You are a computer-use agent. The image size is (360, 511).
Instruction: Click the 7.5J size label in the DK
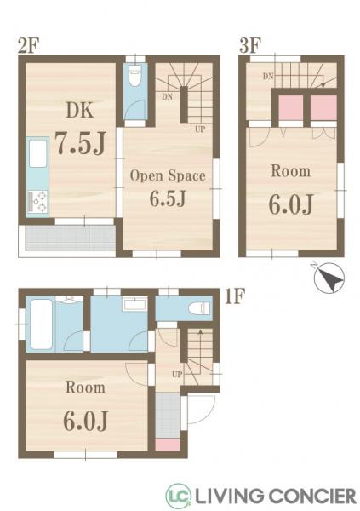pos(80,142)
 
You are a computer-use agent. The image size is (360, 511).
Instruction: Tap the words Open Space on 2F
pos(168,175)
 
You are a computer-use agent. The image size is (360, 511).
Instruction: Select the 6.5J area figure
pos(168,198)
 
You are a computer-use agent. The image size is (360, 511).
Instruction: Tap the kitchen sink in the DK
pos(37,153)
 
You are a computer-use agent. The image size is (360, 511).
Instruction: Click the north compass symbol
pos(329,278)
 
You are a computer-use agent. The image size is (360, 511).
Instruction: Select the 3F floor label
pos(250,46)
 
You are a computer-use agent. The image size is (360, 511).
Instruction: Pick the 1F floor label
pos(234,296)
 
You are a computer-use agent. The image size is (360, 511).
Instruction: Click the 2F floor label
pos(29,46)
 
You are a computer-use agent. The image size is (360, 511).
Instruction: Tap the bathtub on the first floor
pos(41,324)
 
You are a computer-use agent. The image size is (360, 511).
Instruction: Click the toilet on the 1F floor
pos(199,308)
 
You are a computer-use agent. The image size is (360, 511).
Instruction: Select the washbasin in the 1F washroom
pos(134,304)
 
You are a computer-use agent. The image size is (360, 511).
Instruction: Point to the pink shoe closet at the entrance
pos(168,445)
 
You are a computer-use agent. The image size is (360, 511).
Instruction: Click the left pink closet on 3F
pos(291,107)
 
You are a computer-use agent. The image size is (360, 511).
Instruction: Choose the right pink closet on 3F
pos(323,107)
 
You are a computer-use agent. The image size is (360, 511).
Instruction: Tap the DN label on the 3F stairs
pos(268,77)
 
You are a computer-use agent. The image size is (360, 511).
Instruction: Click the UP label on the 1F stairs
pos(177,375)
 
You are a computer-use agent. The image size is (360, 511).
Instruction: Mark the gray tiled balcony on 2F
pos(71,238)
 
